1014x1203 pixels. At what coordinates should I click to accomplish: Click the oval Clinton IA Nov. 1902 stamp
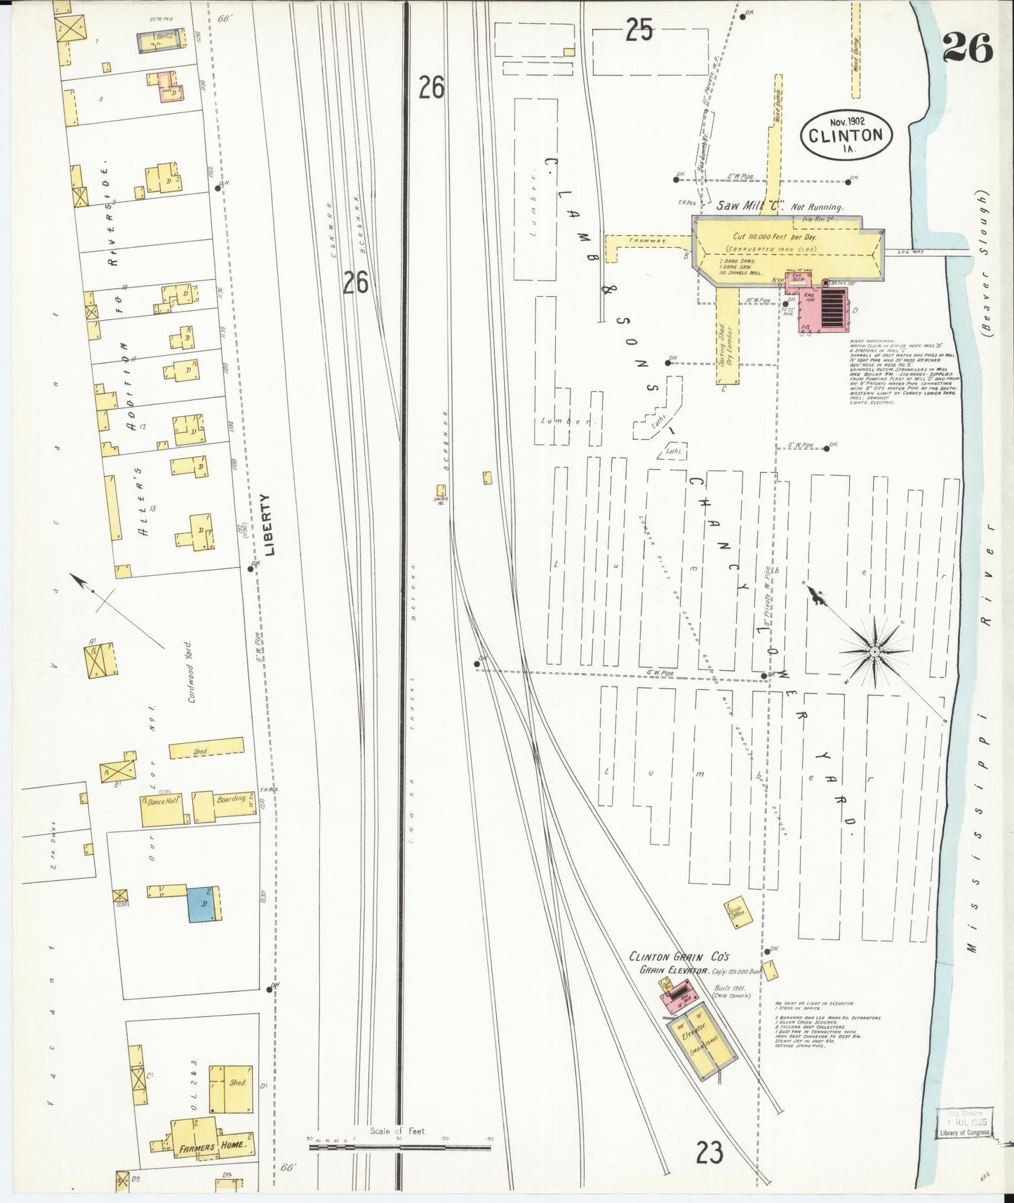click(x=848, y=133)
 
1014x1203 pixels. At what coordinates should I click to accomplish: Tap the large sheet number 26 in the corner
click(x=967, y=48)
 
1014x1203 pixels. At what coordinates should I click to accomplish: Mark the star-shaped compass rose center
click(x=875, y=652)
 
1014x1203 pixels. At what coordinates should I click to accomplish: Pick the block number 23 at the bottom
click(x=709, y=1152)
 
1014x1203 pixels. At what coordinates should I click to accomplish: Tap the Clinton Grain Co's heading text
click(x=680, y=956)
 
